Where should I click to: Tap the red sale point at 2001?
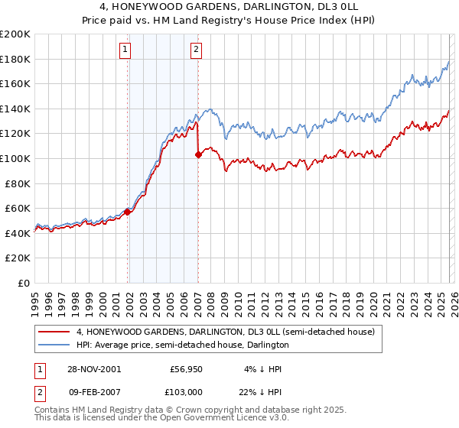[x=128, y=212]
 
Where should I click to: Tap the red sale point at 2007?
[x=198, y=154]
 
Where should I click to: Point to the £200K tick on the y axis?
[x=15, y=34]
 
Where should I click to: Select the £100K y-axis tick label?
[x=15, y=158]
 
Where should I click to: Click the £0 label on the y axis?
[x=23, y=283]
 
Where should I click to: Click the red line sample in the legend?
[x=54, y=332]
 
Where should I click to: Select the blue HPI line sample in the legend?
[x=54, y=345]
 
